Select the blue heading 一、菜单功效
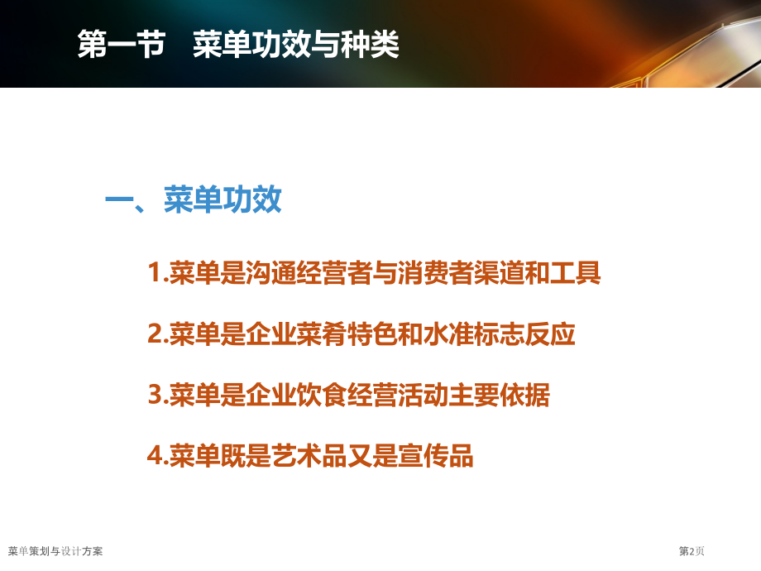[x=194, y=201]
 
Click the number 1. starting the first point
[x=158, y=273]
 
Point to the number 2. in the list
[x=158, y=335]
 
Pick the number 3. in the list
[x=158, y=396]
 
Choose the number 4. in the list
[x=158, y=456]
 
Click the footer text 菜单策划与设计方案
[x=55, y=551]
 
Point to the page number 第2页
[x=692, y=551]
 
